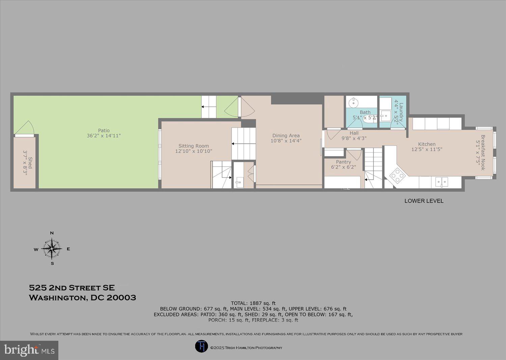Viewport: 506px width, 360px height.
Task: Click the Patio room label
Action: point(104,131)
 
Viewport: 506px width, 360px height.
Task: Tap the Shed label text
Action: point(30,162)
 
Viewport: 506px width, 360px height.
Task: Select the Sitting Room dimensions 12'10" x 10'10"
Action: point(194,151)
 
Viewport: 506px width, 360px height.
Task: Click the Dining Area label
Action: point(286,136)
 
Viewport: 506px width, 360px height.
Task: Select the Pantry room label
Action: point(343,162)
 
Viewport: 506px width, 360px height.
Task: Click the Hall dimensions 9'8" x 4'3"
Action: point(354,138)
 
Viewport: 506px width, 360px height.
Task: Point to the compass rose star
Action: point(52,249)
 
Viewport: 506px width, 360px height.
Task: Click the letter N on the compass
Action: point(52,233)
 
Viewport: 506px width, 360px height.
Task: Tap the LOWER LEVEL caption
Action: point(424,201)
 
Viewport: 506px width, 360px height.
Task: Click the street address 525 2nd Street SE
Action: point(72,288)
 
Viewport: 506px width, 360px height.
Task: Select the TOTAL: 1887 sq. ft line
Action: point(253,303)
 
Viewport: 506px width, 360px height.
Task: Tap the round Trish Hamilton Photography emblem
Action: point(201,347)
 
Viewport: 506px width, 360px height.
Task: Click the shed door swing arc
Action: point(24,128)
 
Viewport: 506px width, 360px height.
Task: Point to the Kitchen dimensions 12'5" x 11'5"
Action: point(427,149)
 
